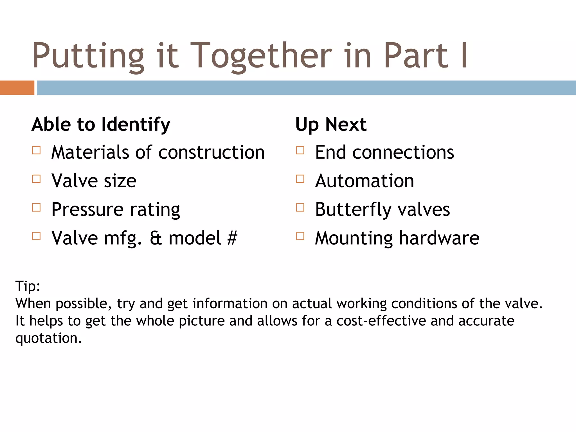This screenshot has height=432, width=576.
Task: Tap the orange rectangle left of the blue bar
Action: tap(17, 88)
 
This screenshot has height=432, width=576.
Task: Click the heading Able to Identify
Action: tap(101, 124)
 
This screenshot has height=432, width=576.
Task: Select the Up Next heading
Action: tap(331, 124)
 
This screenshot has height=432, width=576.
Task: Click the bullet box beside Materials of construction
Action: tap(36, 150)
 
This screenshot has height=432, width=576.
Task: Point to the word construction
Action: tap(211, 152)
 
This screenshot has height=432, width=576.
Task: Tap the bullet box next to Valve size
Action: tap(36, 179)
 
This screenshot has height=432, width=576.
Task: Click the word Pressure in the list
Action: tap(87, 210)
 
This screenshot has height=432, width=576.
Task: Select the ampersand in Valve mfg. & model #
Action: tap(156, 238)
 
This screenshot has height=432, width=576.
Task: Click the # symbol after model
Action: tap(232, 238)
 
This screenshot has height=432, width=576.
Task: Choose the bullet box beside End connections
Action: tap(300, 150)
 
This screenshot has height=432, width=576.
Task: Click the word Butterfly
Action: tap(353, 210)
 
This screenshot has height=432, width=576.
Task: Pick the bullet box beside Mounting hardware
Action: tap(300, 236)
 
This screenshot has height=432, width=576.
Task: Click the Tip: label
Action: tap(28, 286)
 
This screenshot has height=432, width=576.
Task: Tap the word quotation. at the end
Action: tap(48, 338)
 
